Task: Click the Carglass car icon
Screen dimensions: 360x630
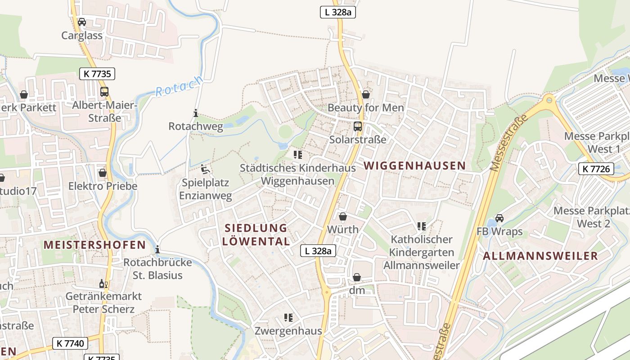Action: pos(82,22)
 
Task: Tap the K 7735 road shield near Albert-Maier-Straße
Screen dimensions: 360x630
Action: pos(97,74)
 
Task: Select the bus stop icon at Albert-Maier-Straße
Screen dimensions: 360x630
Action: pos(104,92)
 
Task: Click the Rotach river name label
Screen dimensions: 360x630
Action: pos(179,86)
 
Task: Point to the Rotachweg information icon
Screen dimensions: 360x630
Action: pos(195,113)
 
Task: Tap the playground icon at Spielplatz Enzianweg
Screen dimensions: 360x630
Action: pos(206,170)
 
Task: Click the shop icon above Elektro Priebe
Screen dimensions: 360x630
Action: pos(103,173)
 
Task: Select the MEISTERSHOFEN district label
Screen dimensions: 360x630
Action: pos(94,245)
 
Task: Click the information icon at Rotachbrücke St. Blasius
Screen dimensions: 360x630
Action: pos(157,249)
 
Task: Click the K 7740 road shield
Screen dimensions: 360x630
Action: pos(70,343)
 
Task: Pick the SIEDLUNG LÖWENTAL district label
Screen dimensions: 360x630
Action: pos(256,234)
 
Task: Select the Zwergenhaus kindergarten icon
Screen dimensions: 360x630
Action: pos(288,318)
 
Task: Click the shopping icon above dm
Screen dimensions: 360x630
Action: pos(357,277)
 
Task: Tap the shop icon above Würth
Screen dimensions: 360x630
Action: pos(343,216)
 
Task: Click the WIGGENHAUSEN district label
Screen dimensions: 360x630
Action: pos(414,166)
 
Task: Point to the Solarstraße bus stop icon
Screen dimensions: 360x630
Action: pos(358,126)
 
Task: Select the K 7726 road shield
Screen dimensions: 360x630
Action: pos(596,169)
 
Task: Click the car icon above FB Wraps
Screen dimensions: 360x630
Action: pos(499,218)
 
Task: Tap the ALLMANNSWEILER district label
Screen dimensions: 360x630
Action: pos(540,256)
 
